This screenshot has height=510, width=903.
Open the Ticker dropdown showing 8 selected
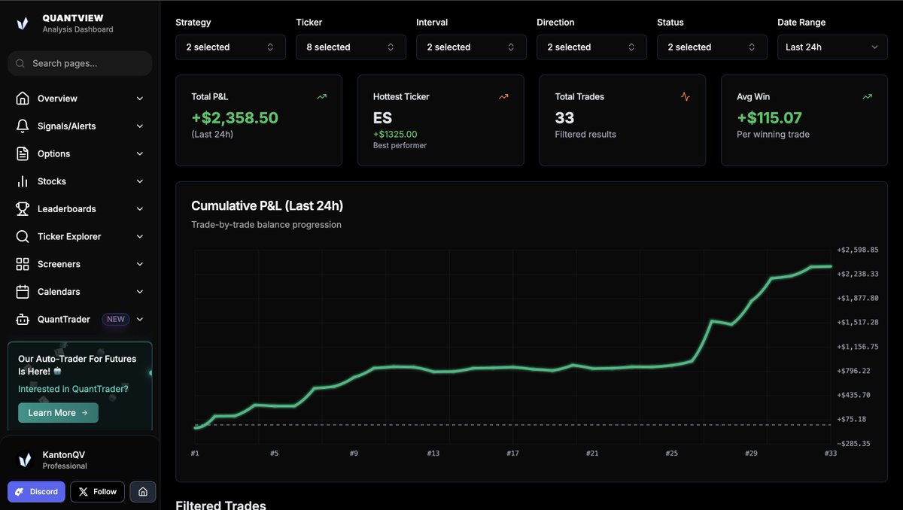tap(351, 47)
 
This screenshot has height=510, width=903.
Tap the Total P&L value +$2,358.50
tap(235, 118)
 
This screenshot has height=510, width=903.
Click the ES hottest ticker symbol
tap(382, 118)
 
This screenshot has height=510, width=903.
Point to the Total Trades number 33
tap(564, 118)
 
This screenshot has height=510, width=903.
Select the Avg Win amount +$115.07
tap(769, 118)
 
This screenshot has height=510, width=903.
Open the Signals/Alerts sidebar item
tap(67, 126)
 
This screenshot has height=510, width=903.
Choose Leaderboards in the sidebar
tap(66, 209)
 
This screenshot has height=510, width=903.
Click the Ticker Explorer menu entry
tap(69, 236)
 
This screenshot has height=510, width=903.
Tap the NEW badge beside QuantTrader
tap(116, 319)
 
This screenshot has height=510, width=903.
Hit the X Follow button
tap(98, 492)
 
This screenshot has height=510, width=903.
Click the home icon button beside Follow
tap(143, 492)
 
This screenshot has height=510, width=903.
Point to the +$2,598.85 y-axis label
tap(858, 250)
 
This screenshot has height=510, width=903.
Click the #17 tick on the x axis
tap(512, 454)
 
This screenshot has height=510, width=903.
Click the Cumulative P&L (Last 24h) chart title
tap(267, 205)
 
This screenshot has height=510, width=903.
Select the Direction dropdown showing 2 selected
tap(591, 47)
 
